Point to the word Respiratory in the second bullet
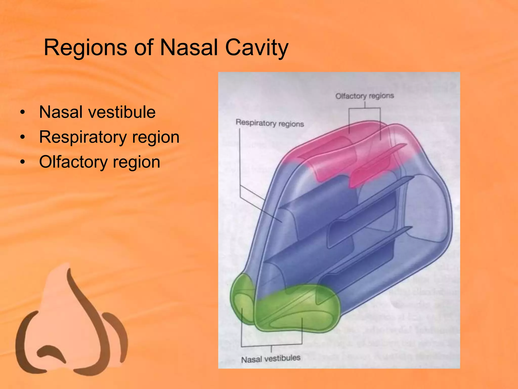pos(83,137)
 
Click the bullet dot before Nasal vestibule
pos(23,112)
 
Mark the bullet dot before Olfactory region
pos(23,162)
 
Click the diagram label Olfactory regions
pos(364,96)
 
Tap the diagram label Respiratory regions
pos(270,123)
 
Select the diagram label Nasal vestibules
pos(271,359)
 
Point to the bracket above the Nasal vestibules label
pos(271,345)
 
